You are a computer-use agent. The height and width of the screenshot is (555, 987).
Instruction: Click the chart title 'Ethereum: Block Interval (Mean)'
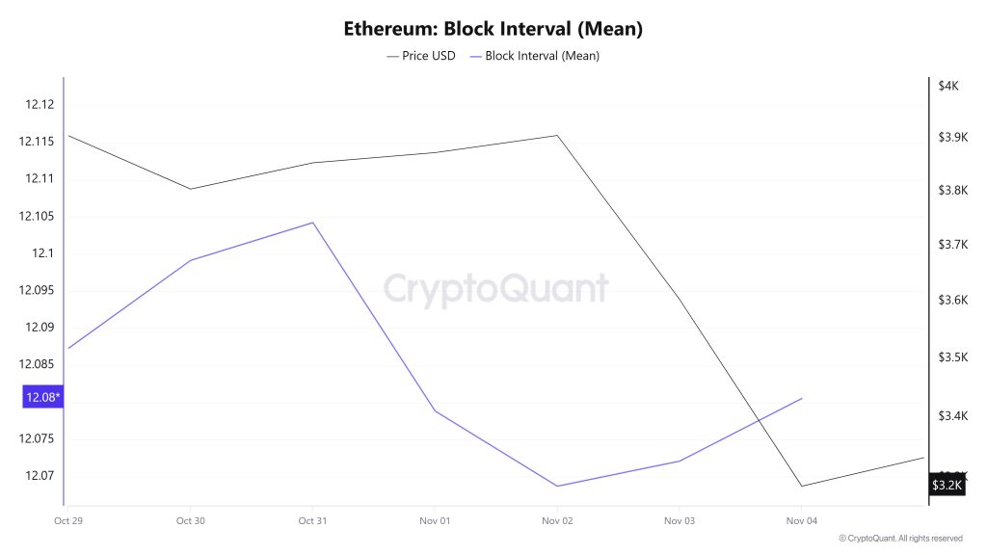point(493,29)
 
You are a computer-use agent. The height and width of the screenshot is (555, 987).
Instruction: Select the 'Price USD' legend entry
point(421,56)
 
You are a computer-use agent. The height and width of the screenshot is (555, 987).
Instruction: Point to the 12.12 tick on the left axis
point(40,104)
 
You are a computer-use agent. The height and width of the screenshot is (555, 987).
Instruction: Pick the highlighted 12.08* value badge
point(43,397)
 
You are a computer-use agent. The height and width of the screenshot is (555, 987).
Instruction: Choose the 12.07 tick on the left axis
point(40,476)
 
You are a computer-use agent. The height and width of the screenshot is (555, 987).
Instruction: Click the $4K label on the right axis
point(947,86)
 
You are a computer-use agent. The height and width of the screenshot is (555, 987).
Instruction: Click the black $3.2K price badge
point(946,485)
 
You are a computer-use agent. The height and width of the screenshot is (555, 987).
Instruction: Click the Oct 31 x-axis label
point(312,520)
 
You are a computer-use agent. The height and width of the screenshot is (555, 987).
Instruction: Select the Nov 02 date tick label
point(557,520)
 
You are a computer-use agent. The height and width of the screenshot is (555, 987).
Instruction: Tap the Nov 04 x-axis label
point(801,520)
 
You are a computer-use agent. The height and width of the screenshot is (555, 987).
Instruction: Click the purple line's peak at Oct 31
point(312,223)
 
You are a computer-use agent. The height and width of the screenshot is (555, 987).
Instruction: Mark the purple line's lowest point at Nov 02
point(557,486)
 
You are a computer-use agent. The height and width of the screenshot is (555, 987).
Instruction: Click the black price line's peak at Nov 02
point(557,135)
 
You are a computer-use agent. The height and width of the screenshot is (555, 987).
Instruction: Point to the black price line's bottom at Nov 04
point(801,486)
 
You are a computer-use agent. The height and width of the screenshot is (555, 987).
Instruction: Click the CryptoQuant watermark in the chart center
point(495,288)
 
